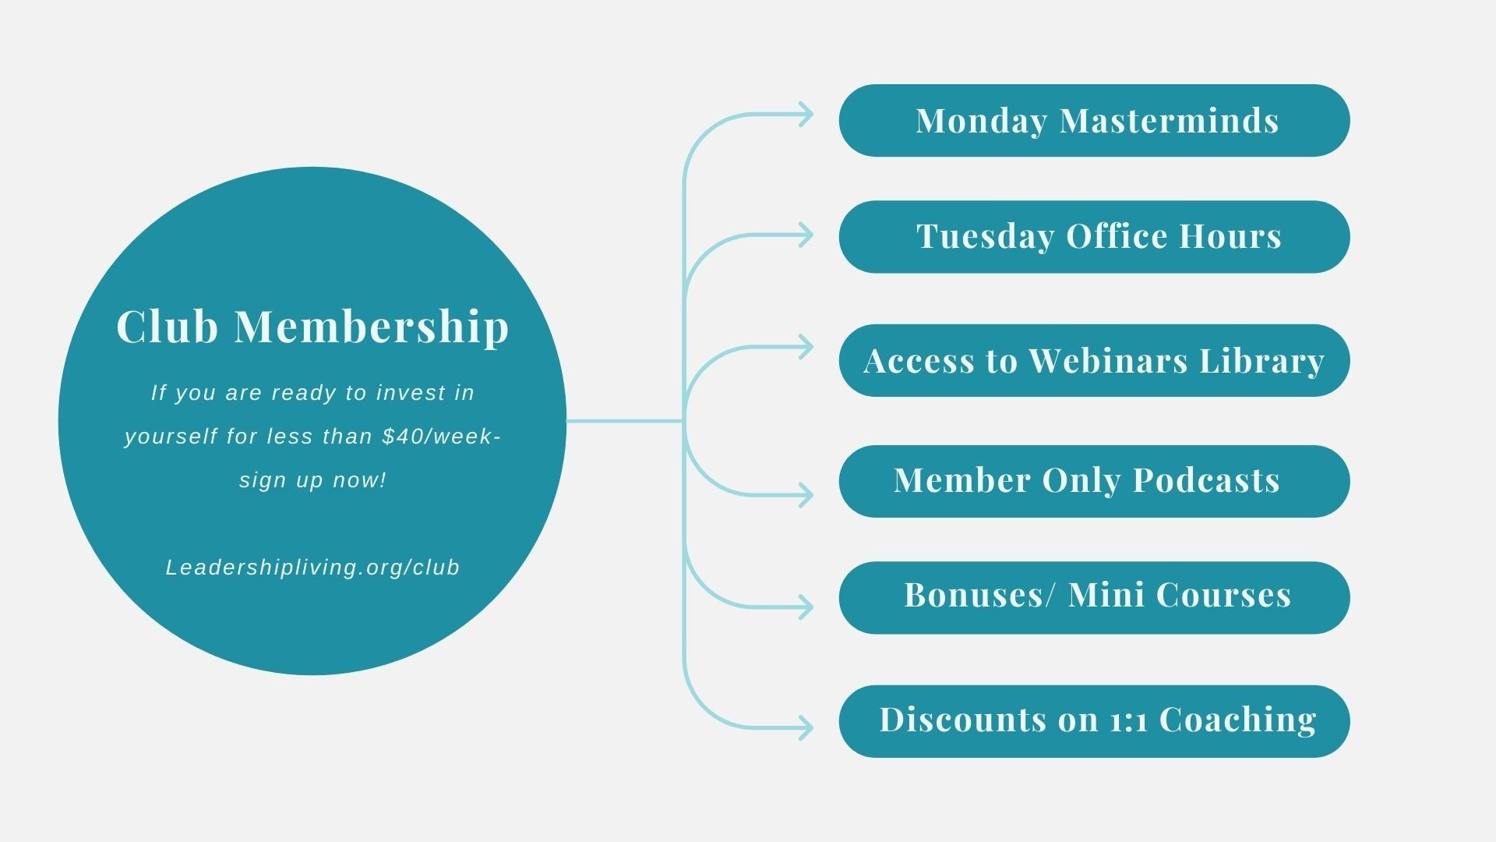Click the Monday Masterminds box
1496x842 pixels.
[1094, 121]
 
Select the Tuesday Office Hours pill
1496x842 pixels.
[1094, 237]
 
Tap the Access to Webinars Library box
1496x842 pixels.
[1094, 361]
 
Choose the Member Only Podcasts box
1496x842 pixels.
[1094, 481]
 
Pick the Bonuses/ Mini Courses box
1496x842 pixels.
[1094, 597]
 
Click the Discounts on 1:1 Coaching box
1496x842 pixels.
[1094, 721]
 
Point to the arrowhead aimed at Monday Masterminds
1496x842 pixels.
[806, 115]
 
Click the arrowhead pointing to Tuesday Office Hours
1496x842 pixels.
[806, 235]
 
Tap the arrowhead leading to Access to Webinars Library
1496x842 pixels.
[806, 347]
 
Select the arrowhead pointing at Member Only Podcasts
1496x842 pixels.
[806, 495]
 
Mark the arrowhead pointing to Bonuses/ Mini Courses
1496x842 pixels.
[806, 607]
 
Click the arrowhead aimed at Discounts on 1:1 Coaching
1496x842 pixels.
[806, 728]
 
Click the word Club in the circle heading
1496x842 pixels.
[167, 326]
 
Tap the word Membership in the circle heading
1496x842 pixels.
[372, 326]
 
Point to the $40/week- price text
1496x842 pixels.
[441, 436]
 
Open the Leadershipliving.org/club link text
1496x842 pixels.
[312, 568]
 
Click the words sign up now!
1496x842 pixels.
[312, 479]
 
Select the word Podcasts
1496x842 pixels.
[1206, 480]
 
